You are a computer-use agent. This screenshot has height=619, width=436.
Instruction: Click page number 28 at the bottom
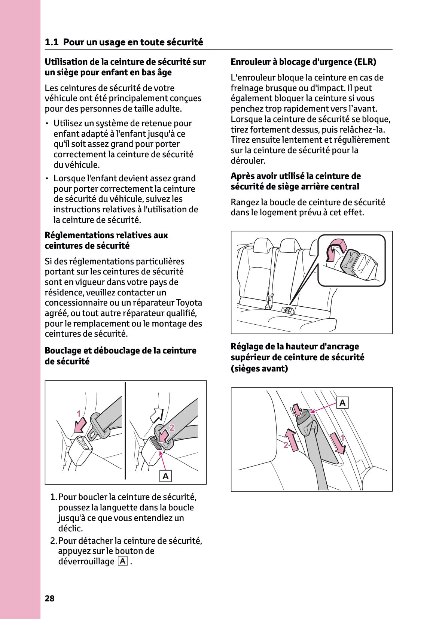[x=49, y=598]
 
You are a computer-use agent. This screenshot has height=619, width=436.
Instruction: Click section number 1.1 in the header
[x=52, y=42]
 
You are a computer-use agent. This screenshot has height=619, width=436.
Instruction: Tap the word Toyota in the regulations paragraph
[x=189, y=303]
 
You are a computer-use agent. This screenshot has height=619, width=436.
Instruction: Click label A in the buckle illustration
[x=165, y=476]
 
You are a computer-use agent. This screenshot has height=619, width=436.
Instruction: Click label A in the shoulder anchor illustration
[x=342, y=403]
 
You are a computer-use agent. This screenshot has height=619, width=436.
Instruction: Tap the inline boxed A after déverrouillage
[x=123, y=561]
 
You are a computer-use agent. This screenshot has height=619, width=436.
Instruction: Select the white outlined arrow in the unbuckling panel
[x=156, y=415]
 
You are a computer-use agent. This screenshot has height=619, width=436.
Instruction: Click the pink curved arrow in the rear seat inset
[x=334, y=249]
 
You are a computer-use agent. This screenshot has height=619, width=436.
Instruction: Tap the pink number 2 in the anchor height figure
[x=286, y=445]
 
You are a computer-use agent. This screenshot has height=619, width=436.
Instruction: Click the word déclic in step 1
[x=70, y=528]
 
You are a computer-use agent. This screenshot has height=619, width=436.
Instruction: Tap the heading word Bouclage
[x=62, y=351]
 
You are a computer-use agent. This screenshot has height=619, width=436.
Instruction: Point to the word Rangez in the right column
[x=245, y=203]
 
